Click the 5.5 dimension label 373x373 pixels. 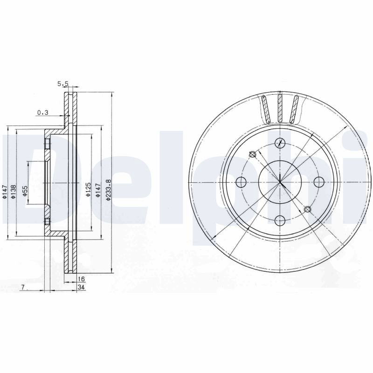[x=63, y=83]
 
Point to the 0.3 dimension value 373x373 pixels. [x=43, y=112]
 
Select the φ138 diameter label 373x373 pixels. [x=14, y=192]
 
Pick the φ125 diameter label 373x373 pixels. [x=88, y=189]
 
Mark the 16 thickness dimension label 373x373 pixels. [x=81, y=279]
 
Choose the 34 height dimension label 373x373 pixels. [x=81, y=287]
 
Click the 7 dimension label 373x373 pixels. [x=23, y=287]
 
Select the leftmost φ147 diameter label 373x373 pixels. [x=4, y=192]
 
